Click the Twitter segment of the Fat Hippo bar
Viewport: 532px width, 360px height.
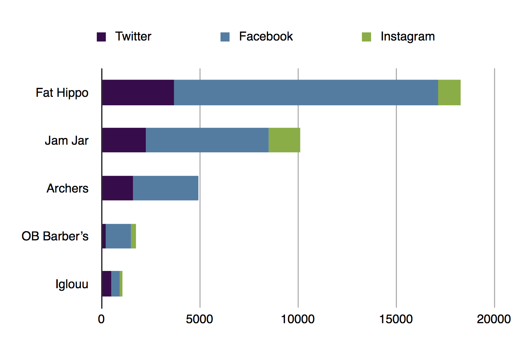coord(138,92)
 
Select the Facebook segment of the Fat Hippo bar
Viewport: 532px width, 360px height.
coord(306,92)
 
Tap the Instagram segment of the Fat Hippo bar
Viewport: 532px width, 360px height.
coord(449,92)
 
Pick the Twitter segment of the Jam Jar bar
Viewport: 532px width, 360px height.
coord(124,140)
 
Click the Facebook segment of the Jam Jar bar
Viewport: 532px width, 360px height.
coord(207,140)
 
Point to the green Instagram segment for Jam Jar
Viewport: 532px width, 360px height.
coord(284,140)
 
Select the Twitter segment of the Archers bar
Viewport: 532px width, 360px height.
coord(117,188)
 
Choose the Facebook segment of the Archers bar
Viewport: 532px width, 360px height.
coord(166,188)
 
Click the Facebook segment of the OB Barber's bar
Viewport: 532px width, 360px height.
coord(118,236)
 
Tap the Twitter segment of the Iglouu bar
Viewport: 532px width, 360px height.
coord(107,283)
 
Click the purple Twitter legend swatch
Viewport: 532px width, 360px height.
coord(101,37)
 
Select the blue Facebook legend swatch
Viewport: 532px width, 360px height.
coord(225,37)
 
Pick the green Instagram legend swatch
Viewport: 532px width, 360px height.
coord(366,37)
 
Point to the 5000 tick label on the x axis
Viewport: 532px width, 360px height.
coord(199,319)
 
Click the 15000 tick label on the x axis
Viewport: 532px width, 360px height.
coord(396,319)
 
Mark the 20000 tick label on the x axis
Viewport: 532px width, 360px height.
coord(494,319)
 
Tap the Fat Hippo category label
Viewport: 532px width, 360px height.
coord(62,93)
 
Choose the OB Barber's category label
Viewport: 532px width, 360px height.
coord(55,236)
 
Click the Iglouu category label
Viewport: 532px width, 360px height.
coord(72,284)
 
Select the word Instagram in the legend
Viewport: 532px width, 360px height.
coord(408,37)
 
